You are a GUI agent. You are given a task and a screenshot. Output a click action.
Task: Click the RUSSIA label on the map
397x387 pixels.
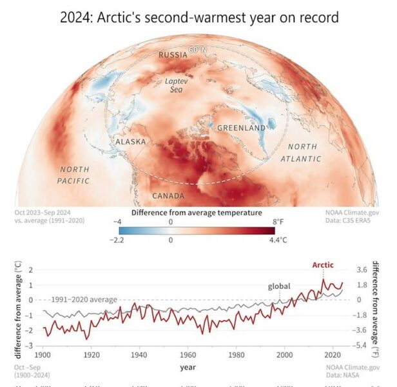point(173,55)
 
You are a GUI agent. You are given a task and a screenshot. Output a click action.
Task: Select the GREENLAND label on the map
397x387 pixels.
point(241,128)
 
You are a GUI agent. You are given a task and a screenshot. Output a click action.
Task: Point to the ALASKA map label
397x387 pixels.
point(131,141)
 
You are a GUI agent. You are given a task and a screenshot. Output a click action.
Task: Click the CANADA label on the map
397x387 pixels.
point(168,195)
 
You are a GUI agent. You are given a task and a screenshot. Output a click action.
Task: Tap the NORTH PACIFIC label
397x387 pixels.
point(74,175)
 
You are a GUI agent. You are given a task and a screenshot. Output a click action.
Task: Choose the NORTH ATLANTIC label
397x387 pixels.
point(302,152)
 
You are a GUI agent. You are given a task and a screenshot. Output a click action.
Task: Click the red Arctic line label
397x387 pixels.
point(323,265)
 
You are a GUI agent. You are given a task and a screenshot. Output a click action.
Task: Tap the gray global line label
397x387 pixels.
point(280,286)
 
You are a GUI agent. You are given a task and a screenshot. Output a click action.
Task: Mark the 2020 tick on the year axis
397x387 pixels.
point(333,355)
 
